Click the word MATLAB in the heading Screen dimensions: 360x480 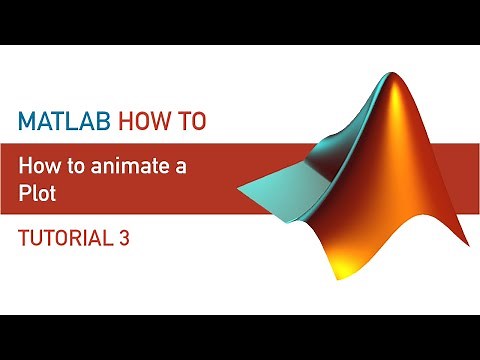(65, 121)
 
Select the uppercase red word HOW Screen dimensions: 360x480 (142, 121)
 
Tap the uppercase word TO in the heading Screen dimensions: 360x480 (190, 121)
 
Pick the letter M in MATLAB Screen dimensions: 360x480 (26, 121)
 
